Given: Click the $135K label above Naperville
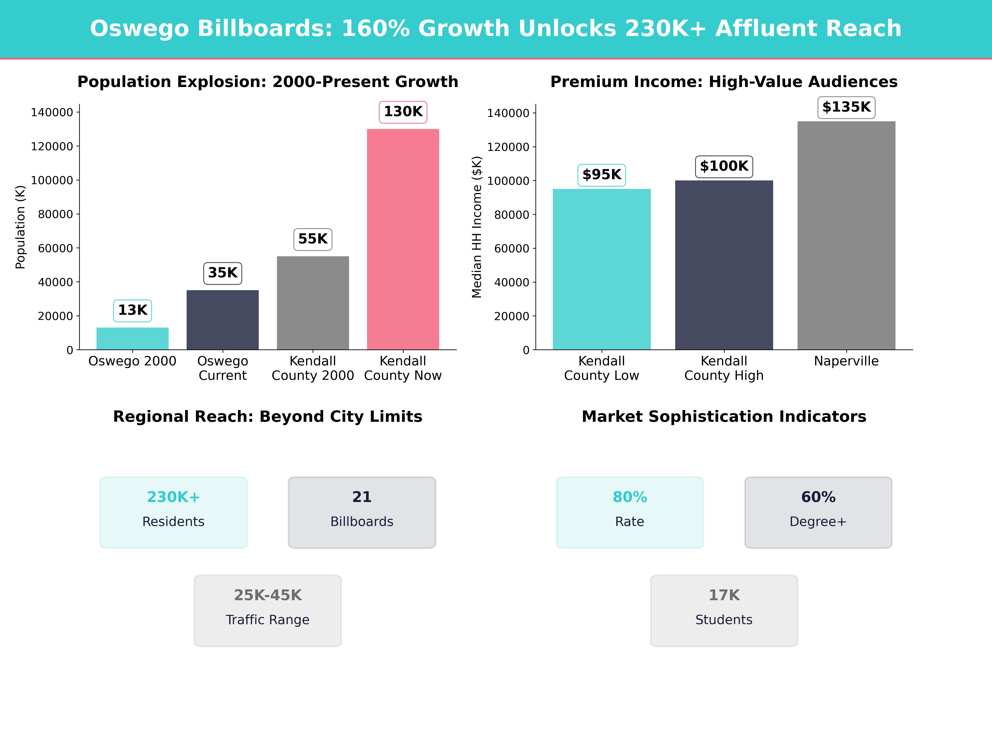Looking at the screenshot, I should pos(846,107).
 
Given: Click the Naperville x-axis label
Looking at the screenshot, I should pos(846,361).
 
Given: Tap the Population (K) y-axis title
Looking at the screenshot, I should pos(20,227).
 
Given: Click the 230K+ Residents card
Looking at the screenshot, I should pos(174,512).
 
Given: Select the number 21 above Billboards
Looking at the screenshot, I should pos(362,497).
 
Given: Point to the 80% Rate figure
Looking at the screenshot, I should pos(630,497).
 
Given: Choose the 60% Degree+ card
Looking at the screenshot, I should pos(818,512).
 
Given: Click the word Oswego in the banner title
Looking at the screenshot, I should pos(139,29).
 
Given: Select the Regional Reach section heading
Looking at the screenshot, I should pos(268,417).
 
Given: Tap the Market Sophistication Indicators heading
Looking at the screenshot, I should pos(724,417).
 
